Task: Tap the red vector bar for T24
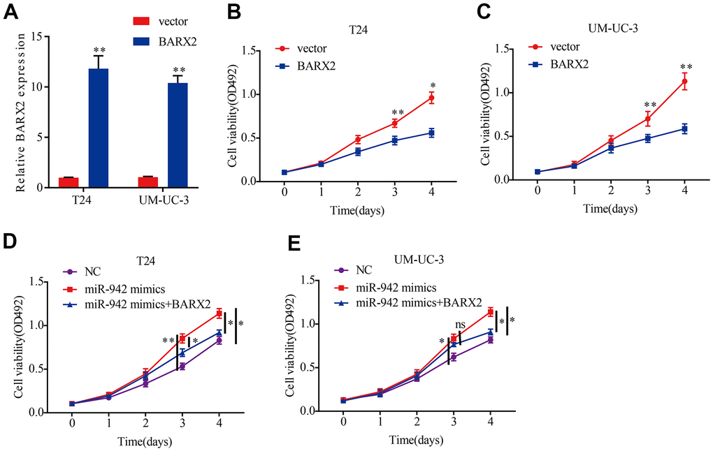point(69,182)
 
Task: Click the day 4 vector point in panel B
point(431,98)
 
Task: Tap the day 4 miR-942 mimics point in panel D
point(219,313)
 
